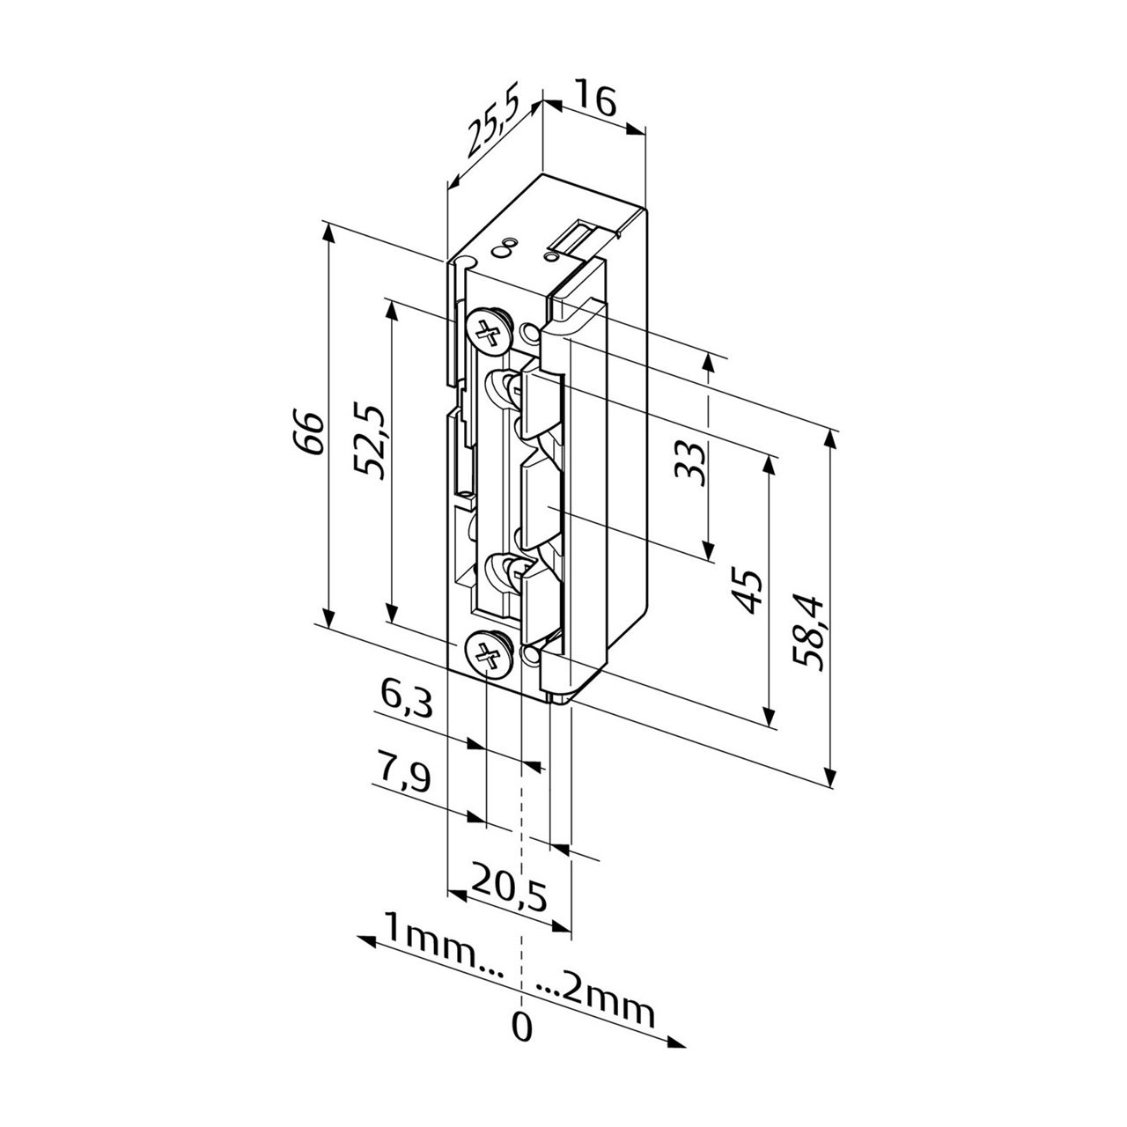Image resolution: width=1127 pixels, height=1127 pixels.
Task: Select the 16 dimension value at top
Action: tap(596, 98)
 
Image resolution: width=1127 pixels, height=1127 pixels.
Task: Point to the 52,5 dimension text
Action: tap(370, 440)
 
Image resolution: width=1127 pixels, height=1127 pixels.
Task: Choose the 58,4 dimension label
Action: tap(808, 633)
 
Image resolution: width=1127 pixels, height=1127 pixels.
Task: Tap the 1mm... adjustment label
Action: tap(442, 935)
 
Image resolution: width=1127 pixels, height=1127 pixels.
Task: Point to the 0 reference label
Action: tap(522, 1028)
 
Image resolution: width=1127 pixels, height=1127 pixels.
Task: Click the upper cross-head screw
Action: tap(487, 333)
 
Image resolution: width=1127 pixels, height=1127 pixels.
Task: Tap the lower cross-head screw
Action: tap(487, 653)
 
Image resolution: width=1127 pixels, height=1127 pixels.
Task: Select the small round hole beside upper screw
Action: tap(530, 333)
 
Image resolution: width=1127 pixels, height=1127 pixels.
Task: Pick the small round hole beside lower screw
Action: tap(530, 655)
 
